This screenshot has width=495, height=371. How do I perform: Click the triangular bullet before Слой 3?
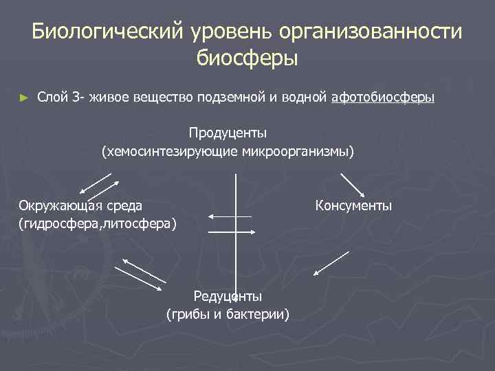[x=25, y=98]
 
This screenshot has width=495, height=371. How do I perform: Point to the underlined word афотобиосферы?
[x=382, y=98]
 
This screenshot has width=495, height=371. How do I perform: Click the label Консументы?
[x=353, y=205]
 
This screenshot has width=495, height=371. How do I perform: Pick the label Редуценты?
[x=228, y=296]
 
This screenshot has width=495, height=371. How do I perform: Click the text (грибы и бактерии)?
[x=228, y=314]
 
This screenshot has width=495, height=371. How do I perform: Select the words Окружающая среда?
[x=80, y=205]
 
